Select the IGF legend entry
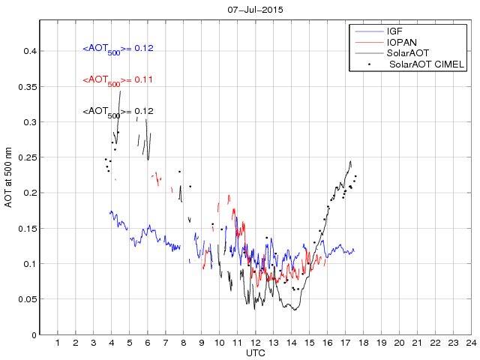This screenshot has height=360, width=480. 394,31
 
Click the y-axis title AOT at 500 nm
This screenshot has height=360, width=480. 10,178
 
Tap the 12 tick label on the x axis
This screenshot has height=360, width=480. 255,343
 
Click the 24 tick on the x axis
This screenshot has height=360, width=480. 470,343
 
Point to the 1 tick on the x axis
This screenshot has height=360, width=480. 58,343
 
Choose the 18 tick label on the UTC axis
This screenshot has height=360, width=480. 363,343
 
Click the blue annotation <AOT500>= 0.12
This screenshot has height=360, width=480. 118,49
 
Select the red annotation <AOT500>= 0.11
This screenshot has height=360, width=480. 118,80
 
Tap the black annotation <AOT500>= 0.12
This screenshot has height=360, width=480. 118,112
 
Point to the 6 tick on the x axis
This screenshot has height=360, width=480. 148,343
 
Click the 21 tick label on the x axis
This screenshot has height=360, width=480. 416,343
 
